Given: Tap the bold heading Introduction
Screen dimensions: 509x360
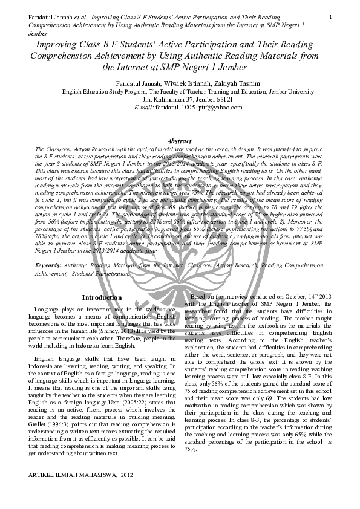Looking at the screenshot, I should pos(101,298).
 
